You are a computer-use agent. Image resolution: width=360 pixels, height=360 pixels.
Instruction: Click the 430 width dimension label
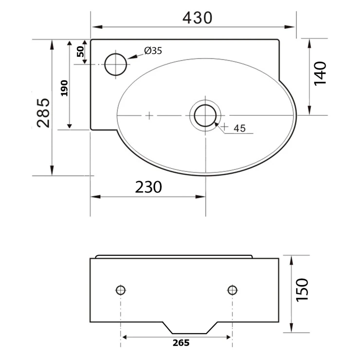pyautogui.click(x=197, y=18)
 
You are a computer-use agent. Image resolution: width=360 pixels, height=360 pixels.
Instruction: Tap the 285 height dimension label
pyautogui.click(x=43, y=113)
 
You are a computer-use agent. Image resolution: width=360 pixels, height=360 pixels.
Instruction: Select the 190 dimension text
pyautogui.click(x=64, y=88)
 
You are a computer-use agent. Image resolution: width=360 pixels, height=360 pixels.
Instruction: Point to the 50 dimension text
pyautogui.click(x=80, y=52)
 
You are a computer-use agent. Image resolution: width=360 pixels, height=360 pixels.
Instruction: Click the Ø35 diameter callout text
pyautogui.click(x=153, y=51)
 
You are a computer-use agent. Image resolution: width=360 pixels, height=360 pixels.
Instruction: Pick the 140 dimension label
pyautogui.click(x=320, y=73)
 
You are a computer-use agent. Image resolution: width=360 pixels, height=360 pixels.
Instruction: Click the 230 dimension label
pyautogui.click(x=148, y=187)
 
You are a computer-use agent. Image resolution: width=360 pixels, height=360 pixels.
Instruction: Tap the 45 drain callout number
pyautogui.click(x=239, y=128)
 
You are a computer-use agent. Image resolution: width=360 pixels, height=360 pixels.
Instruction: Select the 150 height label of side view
pyautogui.click(x=302, y=290)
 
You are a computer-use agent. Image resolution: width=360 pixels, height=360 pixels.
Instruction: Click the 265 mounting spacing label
pyautogui.click(x=181, y=343)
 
